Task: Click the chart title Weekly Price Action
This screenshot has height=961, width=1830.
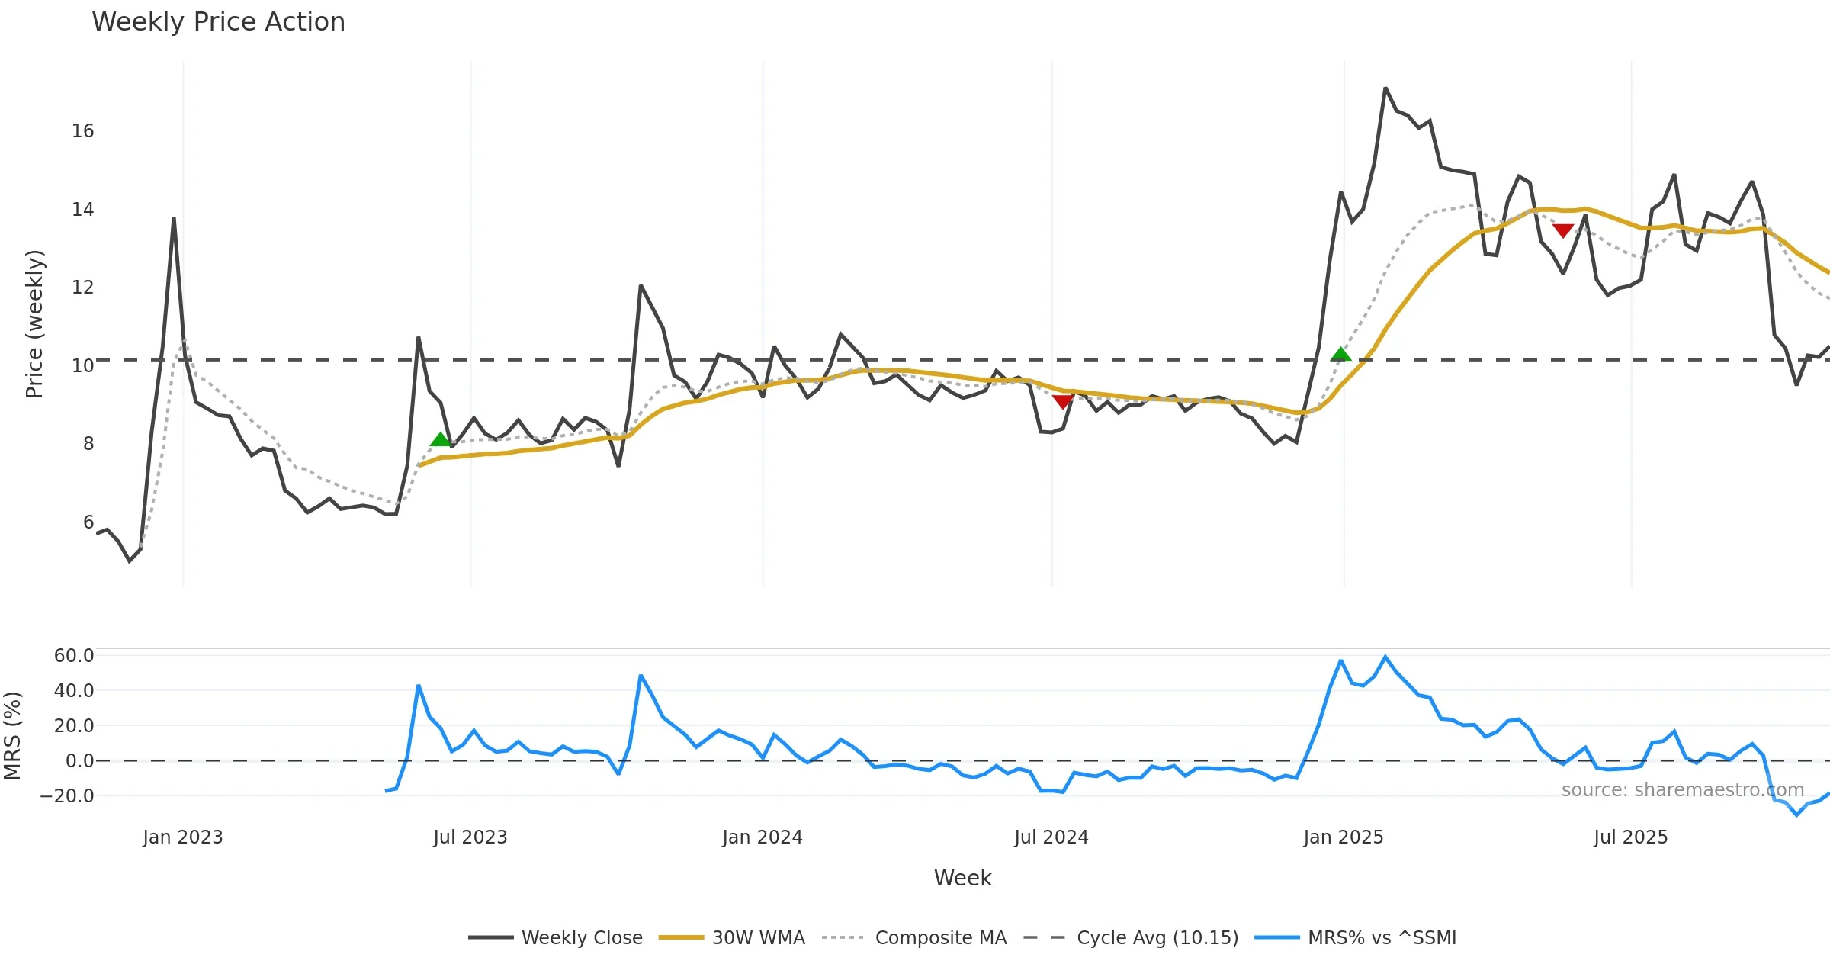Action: click(x=218, y=22)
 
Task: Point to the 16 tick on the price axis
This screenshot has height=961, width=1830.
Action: click(x=82, y=131)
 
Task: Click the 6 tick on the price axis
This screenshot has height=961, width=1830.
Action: click(x=88, y=522)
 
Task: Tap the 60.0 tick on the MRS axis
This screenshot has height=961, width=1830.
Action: click(x=74, y=656)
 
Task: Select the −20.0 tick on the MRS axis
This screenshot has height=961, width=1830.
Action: click(x=67, y=796)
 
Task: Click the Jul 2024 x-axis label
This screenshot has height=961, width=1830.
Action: click(x=1051, y=837)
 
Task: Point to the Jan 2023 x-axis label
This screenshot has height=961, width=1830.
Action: click(x=183, y=837)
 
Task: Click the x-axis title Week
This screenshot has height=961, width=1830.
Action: click(x=962, y=879)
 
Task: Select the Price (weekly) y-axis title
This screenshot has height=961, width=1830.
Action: click(x=35, y=324)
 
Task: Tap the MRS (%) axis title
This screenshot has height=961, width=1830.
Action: click(x=12, y=736)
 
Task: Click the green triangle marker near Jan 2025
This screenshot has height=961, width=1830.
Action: click(x=1340, y=355)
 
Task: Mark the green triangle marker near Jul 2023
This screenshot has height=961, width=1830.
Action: click(x=440, y=439)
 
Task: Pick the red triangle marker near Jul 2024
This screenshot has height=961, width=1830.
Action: click(x=1062, y=401)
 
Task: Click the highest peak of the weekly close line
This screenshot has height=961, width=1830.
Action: click(x=1385, y=88)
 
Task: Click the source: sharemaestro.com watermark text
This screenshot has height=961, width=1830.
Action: click(x=1682, y=790)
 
